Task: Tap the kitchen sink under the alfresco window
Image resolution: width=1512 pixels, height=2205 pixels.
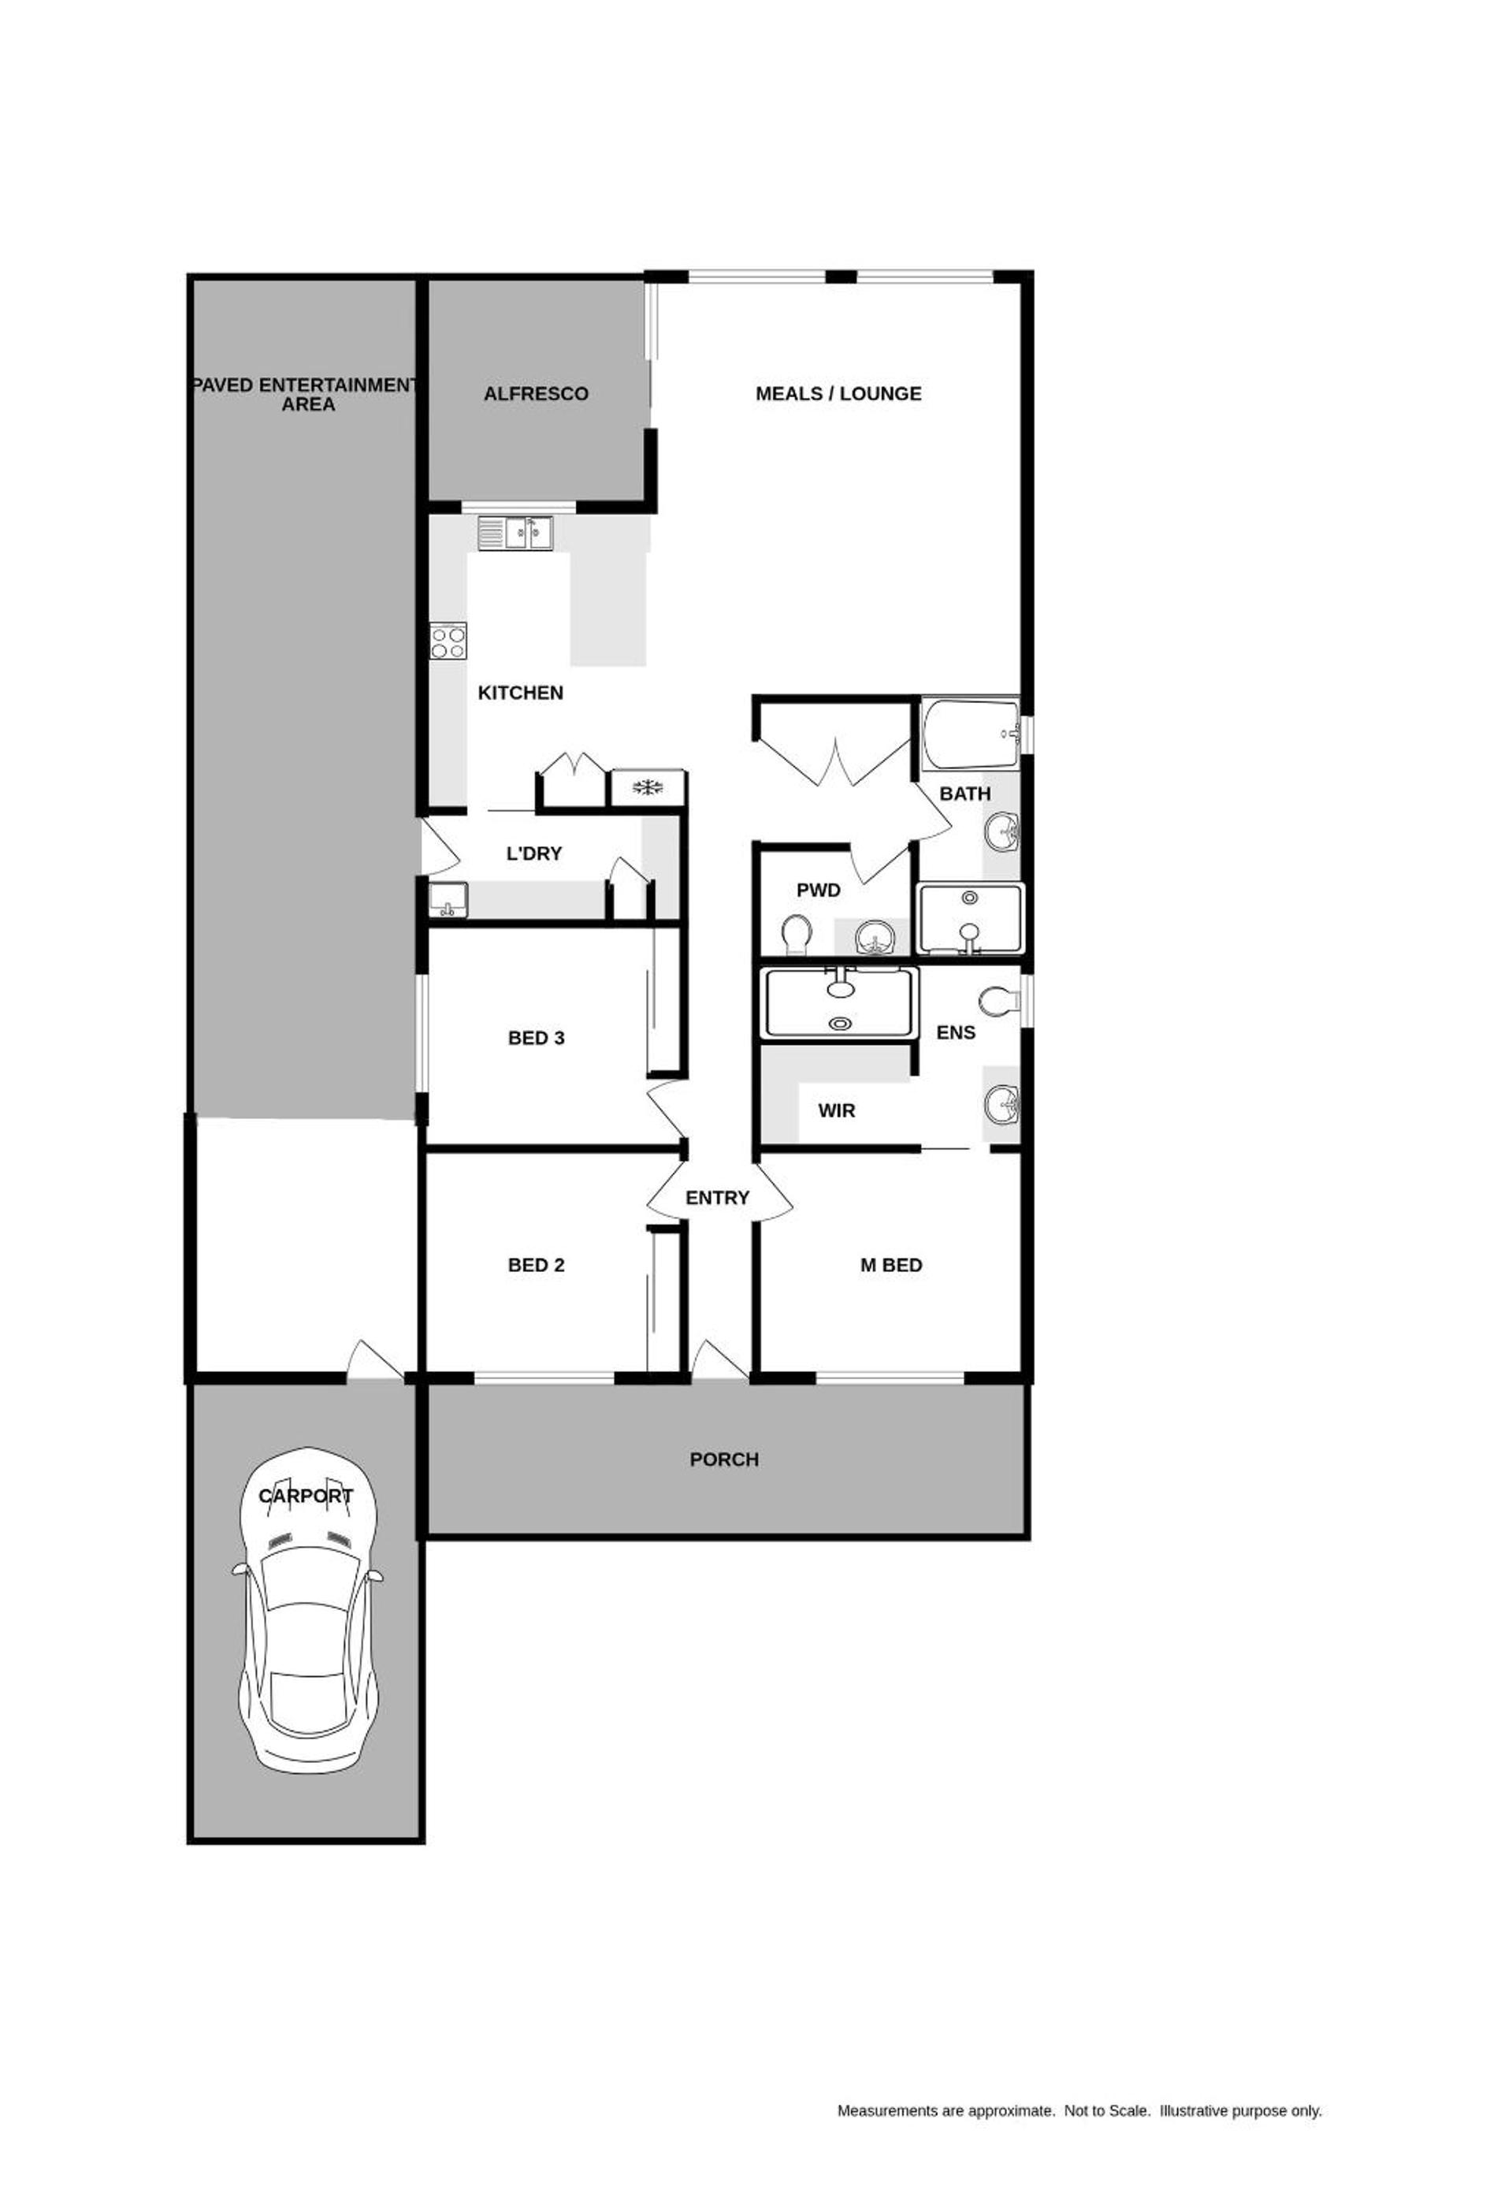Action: pyautogui.click(x=516, y=534)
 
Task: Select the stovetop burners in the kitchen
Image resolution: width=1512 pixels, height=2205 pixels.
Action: pyautogui.click(x=448, y=641)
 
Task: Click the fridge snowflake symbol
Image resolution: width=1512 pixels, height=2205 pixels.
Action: pyautogui.click(x=647, y=786)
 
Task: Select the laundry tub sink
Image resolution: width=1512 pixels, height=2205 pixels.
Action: pyautogui.click(x=448, y=899)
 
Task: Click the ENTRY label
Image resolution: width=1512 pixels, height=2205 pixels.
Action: pyautogui.click(x=717, y=1199)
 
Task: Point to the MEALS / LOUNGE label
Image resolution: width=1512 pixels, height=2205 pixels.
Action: pyautogui.click(x=838, y=394)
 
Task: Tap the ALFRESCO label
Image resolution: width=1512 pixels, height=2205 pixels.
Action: pyautogui.click(x=536, y=394)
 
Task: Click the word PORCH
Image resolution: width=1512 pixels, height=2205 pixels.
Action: pyautogui.click(x=724, y=1460)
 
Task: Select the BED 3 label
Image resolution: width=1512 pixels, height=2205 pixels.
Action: pyautogui.click(x=536, y=1038)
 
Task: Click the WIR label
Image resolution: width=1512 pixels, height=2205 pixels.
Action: pyautogui.click(x=836, y=1110)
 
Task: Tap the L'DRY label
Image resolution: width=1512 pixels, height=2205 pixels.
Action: pyautogui.click(x=534, y=854)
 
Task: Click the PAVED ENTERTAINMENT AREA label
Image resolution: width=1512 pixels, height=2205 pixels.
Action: pyautogui.click(x=306, y=395)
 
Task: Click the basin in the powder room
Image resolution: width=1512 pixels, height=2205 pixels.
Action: pyautogui.click(x=874, y=939)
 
